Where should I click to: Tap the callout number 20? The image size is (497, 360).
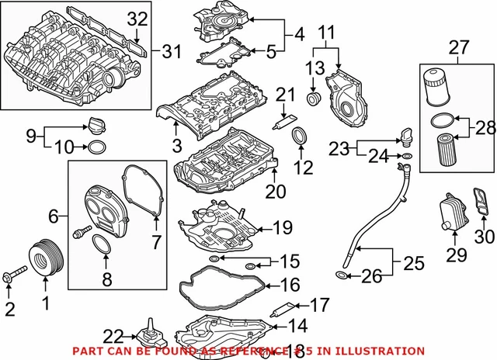click(x=277, y=191)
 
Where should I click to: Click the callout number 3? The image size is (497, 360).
click(x=177, y=146)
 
